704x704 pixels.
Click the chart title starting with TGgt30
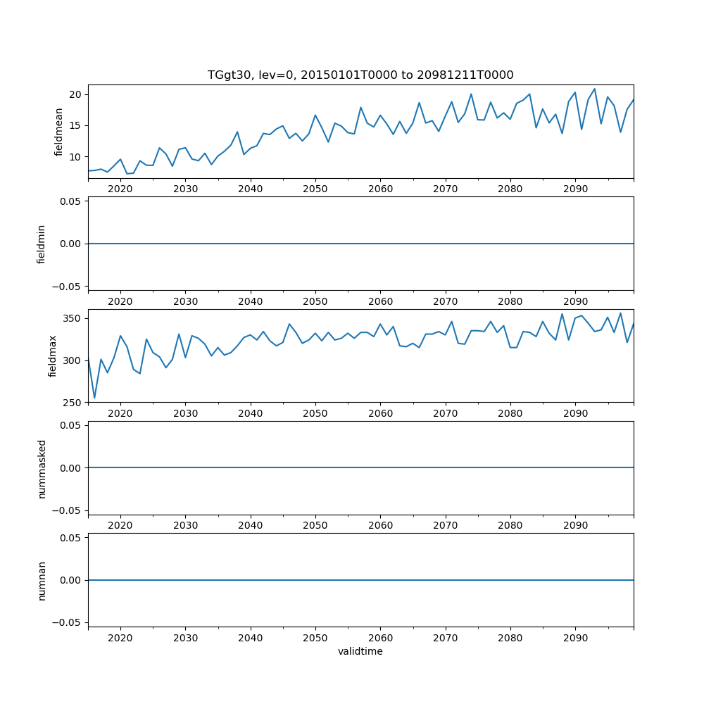tap(360, 75)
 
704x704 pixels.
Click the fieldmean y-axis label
tap(59, 132)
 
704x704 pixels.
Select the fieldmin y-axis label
tap(42, 244)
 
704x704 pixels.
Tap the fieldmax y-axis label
tap(53, 356)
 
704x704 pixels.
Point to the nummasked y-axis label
tap(42, 467)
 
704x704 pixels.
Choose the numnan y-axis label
tap(42, 580)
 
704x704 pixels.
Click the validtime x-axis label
tap(360, 651)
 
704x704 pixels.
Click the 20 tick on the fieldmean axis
tap(76, 94)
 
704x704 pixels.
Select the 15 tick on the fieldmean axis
tap(76, 125)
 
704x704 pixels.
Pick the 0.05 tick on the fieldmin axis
tap(70, 201)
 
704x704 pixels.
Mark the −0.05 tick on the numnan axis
tap(68, 622)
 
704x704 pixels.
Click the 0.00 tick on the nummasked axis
tap(70, 467)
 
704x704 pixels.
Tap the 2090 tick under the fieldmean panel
tap(575, 189)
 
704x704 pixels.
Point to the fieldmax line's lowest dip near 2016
tap(94, 398)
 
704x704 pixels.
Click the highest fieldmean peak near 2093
tap(594, 89)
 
